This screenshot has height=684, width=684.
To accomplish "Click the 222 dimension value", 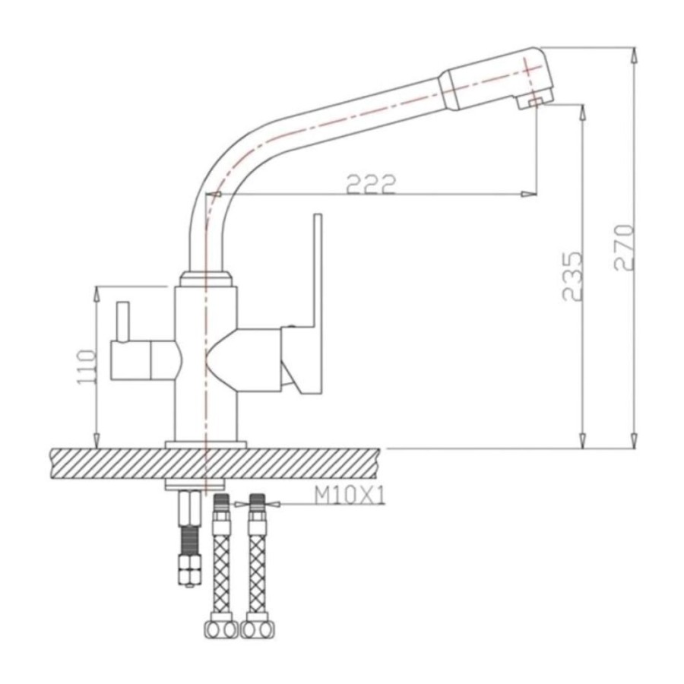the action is tap(371, 185).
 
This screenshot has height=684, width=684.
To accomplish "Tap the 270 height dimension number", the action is tap(624, 248).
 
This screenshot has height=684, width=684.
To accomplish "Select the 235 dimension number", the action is tap(572, 276).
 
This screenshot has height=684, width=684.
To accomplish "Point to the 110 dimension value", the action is tap(86, 367).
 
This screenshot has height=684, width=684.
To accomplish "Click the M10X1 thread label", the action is tap(350, 496).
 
